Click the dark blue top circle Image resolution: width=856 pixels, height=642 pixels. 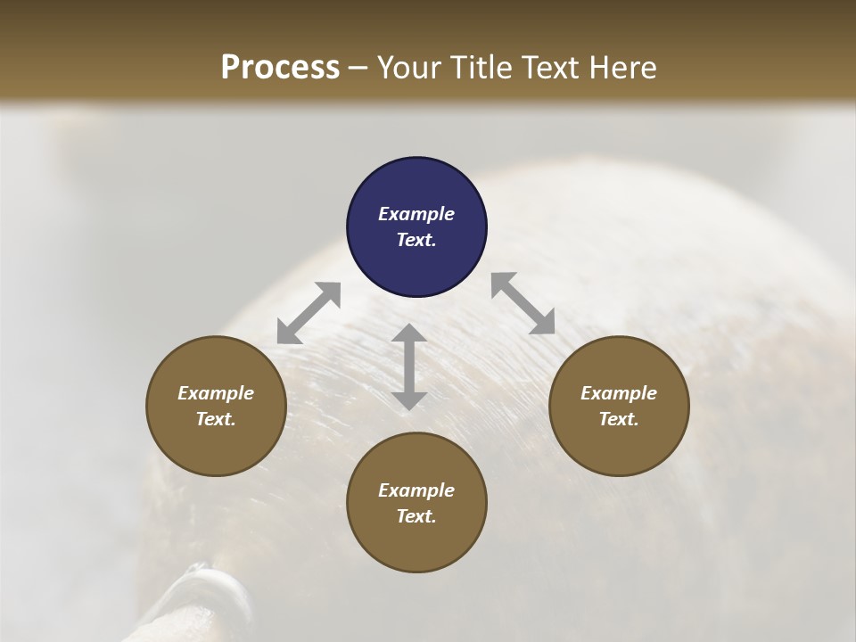click(x=416, y=226)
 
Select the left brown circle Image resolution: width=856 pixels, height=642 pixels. click(x=216, y=406)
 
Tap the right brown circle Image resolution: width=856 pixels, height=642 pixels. click(x=619, y=406)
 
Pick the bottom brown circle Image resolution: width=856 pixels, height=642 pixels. click(x=416, y=503)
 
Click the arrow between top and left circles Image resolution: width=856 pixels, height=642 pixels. click(x=309, y=313)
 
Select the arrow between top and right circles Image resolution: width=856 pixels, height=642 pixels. click(x=523, y=303)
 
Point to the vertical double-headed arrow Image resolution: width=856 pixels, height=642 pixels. click(x=408, y=366)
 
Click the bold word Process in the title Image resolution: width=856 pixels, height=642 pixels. click(x=280, y=67)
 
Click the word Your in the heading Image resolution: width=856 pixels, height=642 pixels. click(x=406, y=67)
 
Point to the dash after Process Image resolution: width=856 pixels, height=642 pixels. click(x=358, y=68)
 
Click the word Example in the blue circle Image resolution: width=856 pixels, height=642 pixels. click(x=416, y=214)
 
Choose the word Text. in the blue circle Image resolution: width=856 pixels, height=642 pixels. click(x=416, y=240)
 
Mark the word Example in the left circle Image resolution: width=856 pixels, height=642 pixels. click(x=216, y=393)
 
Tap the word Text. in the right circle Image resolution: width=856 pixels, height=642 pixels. click(x=619, y=419)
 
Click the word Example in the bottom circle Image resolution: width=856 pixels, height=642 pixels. click(x=416, y=490)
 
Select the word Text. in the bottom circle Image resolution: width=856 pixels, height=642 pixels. click(x=416, y=516)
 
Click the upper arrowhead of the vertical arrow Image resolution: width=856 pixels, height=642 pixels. click(x=408, y=333)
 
